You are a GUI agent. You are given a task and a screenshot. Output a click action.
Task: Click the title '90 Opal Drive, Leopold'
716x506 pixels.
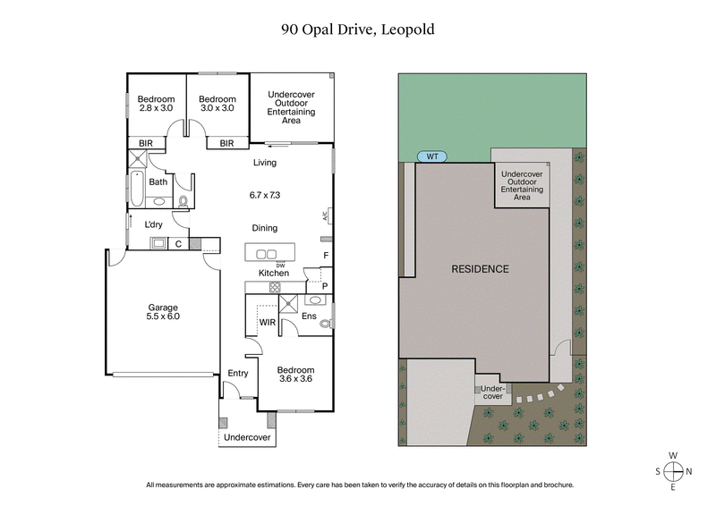pos(357,29)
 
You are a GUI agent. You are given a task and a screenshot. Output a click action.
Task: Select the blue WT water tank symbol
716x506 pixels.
pos(432,156)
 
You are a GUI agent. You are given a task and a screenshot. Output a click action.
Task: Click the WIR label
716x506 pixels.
pos(266,322)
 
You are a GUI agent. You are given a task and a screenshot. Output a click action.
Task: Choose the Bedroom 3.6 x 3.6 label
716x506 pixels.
pos(295,375)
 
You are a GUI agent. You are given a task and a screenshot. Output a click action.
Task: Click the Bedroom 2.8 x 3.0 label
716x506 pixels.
pos(155,103)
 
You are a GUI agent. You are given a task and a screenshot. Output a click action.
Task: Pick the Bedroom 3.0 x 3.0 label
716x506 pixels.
pos(217,103)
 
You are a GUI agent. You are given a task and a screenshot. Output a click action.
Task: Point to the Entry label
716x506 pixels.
pos(238,373)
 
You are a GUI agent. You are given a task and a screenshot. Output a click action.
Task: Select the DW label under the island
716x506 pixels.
pos(280,266)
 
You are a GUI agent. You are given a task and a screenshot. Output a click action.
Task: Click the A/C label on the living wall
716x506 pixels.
pos(325,215)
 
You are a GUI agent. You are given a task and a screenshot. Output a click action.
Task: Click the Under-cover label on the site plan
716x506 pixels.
pos(492,392)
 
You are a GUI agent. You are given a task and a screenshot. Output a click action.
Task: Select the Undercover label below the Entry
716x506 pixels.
pos(246,438)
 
